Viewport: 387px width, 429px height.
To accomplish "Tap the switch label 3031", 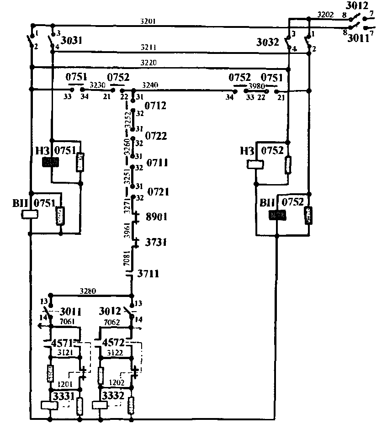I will click(x=71, y=41).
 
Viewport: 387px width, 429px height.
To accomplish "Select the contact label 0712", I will click(x=155, y=106).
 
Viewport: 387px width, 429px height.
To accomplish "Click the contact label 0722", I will click(x=156, y=136).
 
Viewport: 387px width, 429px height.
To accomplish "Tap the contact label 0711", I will click(x=156, y=163).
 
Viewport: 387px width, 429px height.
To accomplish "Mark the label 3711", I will click(x=148, y=274).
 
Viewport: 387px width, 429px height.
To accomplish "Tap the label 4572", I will click(x=114, y=342).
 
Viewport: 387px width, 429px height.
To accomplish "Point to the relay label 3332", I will click(x=113, y=395).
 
